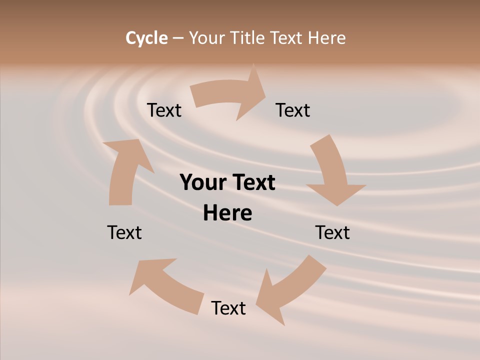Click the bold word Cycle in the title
[x=146, y=38]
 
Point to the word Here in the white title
[x=327, y=38]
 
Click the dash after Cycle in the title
[x=178, y=38]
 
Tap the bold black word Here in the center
[x=227, y=213]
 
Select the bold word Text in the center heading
[x=253, y=182]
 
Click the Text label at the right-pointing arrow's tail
[x=164, y=110]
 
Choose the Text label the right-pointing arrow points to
[x=293, y=110]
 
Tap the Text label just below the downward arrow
[x=332, y=232]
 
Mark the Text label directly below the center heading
[x=228, y=308]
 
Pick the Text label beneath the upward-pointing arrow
[x=124, y=232]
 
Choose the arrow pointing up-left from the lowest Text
[x=165, y=285]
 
